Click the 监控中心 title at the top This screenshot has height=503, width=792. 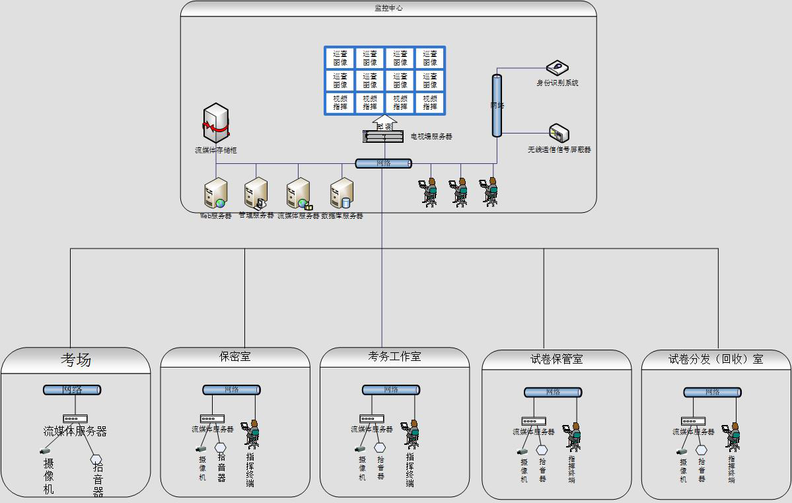point(388,8)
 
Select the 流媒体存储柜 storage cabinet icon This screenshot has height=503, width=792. point(216,124)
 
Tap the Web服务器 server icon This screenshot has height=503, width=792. point(215,193)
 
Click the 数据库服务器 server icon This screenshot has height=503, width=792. point(342,194)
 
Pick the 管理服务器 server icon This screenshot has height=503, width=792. point(256,193)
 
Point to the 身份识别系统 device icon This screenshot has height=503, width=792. point(558,67)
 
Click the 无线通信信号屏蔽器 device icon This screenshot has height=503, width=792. point(559,134)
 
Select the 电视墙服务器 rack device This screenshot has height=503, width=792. point(384,135)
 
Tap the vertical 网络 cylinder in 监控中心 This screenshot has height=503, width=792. point(497,106)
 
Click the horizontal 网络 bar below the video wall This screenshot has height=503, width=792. point(383,163)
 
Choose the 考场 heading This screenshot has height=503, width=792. point(76,360)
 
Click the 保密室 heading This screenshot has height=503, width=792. point(235,357)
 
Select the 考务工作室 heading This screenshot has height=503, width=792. point(394,357)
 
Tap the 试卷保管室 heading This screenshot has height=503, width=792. point(556,360)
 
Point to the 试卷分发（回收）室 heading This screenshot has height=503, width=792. point(715,360)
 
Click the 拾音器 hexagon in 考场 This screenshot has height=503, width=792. point(96,459)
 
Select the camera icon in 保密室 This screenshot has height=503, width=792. point(201,449)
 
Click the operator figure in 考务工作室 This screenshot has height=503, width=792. point(412,434)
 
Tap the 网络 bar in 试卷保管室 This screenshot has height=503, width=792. point(553,393)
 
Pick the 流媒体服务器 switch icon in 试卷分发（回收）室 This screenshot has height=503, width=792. point(693,421)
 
